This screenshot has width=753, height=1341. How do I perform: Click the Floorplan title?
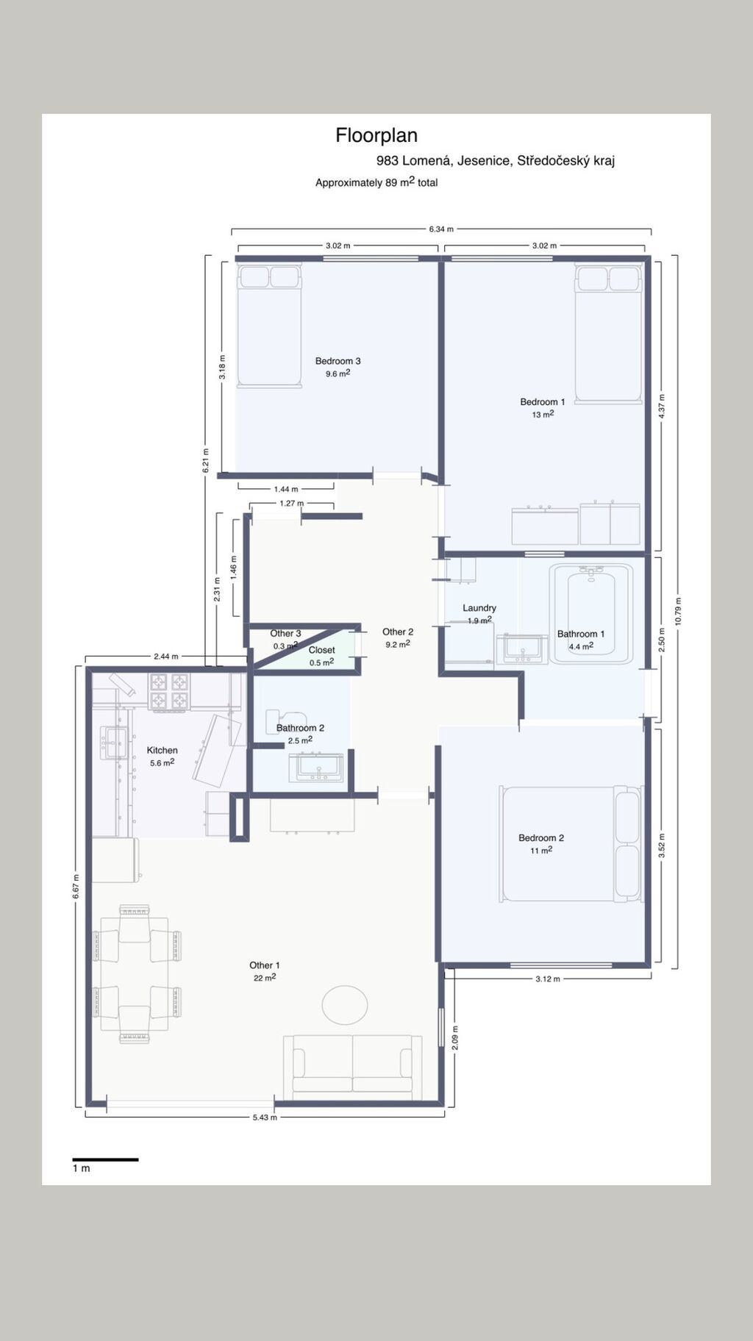tap(376, 135)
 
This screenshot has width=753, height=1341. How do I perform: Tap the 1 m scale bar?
tap(105, 1159)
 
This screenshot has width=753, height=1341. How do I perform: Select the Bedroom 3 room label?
tap(338, 361)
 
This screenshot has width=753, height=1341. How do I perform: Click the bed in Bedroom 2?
tap(570, 843)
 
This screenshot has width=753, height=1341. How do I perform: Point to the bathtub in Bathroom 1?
tap(591, 614)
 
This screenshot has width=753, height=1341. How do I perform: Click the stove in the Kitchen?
tap(168, 693)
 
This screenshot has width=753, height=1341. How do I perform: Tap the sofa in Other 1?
tap(353, 1067)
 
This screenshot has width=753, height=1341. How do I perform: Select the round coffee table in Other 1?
tap(345, 1004)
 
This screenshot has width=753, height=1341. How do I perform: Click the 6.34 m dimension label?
tap(441, 229)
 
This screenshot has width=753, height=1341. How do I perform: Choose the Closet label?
tap(322, 650)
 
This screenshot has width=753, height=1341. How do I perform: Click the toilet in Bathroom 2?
tap(283, 721)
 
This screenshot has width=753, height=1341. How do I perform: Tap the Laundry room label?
tap(479, 608)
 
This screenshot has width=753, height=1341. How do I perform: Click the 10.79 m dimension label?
tap(678, 610)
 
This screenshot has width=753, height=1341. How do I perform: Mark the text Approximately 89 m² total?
tap(376, 182)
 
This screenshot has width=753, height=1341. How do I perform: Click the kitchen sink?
tap(113, 743)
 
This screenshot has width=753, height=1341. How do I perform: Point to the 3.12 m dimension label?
tap(548, 979)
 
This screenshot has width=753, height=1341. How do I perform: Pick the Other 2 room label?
tap(398, 632)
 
